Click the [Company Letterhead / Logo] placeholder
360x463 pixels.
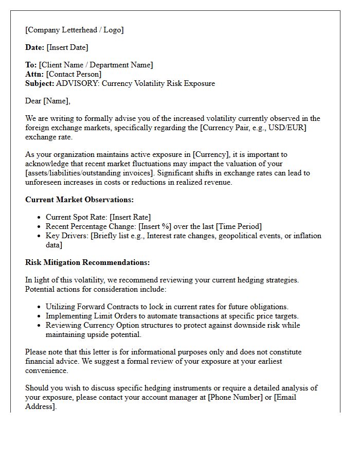point(75,30)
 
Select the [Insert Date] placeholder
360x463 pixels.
point(67,47)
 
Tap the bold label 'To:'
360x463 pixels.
point(31,65)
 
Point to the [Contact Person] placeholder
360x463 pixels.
point(74,74)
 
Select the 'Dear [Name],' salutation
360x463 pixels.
point(48,101)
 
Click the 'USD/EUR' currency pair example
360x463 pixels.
point(289,128)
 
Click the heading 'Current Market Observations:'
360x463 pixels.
point(79,200)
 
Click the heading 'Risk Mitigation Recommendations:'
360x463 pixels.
point(87,262)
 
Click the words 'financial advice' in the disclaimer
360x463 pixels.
point(49,361)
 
